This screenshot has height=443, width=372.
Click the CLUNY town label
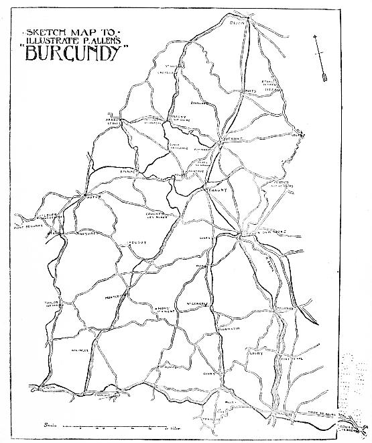point(210,374)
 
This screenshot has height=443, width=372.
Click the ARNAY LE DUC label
point(111,121)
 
